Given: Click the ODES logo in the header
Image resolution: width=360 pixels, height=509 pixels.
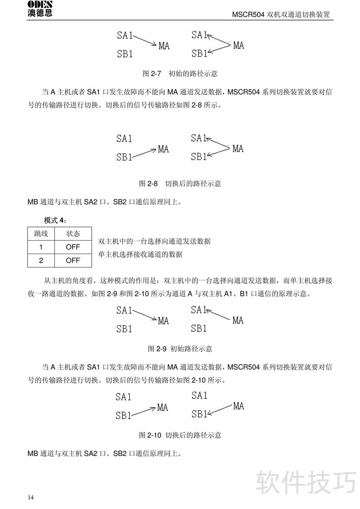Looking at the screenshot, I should (39, 9).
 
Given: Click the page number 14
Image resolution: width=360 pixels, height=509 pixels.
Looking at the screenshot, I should (31, 497).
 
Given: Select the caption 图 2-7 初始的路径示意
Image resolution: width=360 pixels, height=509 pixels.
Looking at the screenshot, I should (180, 73).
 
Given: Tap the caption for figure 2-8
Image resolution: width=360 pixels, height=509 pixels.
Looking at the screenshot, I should (180, 183).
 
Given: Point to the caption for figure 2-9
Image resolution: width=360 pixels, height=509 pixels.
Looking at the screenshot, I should (180, 348).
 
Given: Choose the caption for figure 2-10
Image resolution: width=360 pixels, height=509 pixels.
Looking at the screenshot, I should (180, 435).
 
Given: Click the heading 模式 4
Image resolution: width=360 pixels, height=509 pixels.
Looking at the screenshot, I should (55, 220).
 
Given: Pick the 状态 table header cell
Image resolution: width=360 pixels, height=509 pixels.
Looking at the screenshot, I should (73, 234).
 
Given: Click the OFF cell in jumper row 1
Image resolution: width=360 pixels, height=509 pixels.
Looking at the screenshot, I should (73, 247).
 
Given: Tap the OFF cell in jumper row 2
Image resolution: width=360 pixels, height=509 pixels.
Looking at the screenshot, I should (73, 260).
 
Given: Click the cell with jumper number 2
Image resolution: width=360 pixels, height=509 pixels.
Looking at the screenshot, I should (41, 260).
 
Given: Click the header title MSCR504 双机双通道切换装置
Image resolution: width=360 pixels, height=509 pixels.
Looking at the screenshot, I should (281, 14).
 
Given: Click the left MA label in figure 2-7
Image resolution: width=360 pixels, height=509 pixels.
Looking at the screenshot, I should (164, 46).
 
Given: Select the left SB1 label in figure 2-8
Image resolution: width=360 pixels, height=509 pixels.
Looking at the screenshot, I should (124, 157).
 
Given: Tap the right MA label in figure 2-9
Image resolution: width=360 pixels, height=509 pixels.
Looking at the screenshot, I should (238, 321).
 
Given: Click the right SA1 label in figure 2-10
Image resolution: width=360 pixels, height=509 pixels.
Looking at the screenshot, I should (199, 396).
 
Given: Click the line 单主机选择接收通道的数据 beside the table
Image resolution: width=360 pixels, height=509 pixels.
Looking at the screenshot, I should (140, 254).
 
